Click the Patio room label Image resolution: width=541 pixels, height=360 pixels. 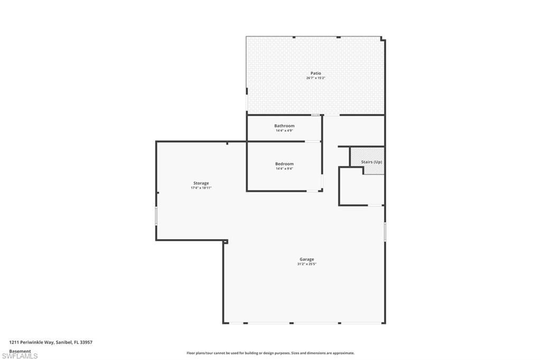coord(315,73)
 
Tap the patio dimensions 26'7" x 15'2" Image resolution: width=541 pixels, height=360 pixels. coord(315,78)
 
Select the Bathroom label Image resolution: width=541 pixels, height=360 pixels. coord(284,126)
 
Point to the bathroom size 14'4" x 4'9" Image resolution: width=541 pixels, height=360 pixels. coord(284,130)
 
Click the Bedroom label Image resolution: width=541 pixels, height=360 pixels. coord(284,164)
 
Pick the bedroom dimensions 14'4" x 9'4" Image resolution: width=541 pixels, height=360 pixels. coord(284,169)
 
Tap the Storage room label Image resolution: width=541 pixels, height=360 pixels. coord(201,183)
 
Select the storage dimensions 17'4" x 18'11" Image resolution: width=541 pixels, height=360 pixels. coord(201,188)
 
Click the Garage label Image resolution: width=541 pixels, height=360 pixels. coord(307,259)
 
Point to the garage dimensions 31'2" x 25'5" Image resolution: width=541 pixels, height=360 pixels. coord(307,264)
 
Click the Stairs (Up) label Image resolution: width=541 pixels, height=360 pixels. coord(371,162)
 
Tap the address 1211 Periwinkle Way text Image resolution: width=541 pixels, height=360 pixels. coord(51,342)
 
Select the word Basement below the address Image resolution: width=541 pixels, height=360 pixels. coord(20,351)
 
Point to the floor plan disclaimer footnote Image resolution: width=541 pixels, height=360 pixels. coord(270,353)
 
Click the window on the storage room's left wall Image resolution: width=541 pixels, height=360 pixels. coord(156,216)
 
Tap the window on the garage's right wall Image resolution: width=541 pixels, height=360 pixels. coord(385,231)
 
